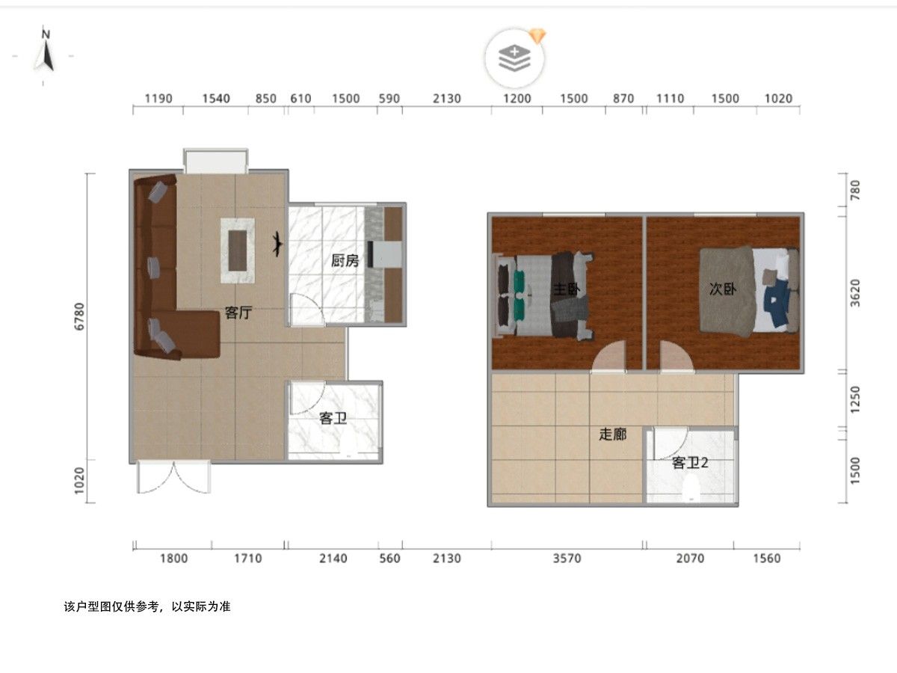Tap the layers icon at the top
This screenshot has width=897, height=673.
pyautogui.click(x=514, y=58)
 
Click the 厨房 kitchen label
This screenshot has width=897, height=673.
pyautogui.click(x=345, y=260)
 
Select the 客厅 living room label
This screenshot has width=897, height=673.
pyautogui.click(x=238, y=313)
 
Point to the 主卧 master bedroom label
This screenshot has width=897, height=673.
pyautogui.click(x=566, y=289)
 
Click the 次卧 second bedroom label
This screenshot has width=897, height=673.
pyautogui.click(x=723, y=289)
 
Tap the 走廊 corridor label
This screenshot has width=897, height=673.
pyautogui.click(x=612, y=434)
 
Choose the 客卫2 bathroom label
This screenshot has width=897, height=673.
pyautogui.click(x=690, y=463)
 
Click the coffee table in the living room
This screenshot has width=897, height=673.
pyautogui.click(x=238, y=251)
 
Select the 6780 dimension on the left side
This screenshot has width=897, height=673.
pyautogui.click(x=79, y=316)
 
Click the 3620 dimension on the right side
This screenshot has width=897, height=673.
pyautogui.click(x=854, y=292)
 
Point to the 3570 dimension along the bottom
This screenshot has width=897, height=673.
pyautogui.click(x=567, y=558)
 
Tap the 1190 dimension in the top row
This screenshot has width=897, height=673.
pyautogui.click(x=158, y=99)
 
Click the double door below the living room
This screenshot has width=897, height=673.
pyautogui.click(x=173, y=477)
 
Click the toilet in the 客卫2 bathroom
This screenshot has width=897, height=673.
pyautogui.click(x=691, y=490)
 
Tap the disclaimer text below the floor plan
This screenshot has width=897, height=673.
pyautogui.click(x=147, y=606)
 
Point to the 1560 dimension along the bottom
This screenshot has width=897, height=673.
pyautogui.click(x=767, y=558)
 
